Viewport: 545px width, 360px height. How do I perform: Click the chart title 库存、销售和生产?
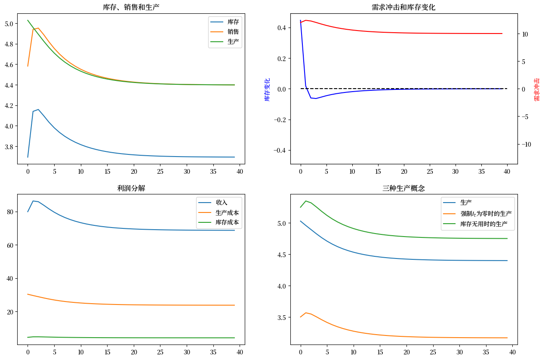(x=131, y=7)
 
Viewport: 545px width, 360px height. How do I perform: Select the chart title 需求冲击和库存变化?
(x=403, y=7)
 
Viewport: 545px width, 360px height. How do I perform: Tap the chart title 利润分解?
(x=131, y=188)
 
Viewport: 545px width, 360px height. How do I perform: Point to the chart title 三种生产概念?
(x=403, y=188)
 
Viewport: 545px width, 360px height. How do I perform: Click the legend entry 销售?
(x=233, y=32)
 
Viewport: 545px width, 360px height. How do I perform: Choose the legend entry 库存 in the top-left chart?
(x=233, y=22)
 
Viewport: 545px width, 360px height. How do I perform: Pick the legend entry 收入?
(x=222, y=202)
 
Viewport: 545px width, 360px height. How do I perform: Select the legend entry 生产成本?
(x=227, y=212)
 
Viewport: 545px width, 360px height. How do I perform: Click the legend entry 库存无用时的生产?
(x=483, y=224)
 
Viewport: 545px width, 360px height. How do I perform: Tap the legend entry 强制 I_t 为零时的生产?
(x=486, y=213)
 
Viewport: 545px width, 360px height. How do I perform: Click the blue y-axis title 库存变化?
(x=267, y=89)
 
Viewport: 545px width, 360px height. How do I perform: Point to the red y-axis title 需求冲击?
(x=536, y=89)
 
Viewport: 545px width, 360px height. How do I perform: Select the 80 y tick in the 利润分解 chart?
(x=11, y=212)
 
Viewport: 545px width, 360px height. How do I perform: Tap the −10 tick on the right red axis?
(x=527, y=144)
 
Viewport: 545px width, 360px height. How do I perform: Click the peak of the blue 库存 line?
(x=38, y=110)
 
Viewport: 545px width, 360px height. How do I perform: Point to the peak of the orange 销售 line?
(x=38, y=28)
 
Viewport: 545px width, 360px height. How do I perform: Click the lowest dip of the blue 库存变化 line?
(x=316, y=98)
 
